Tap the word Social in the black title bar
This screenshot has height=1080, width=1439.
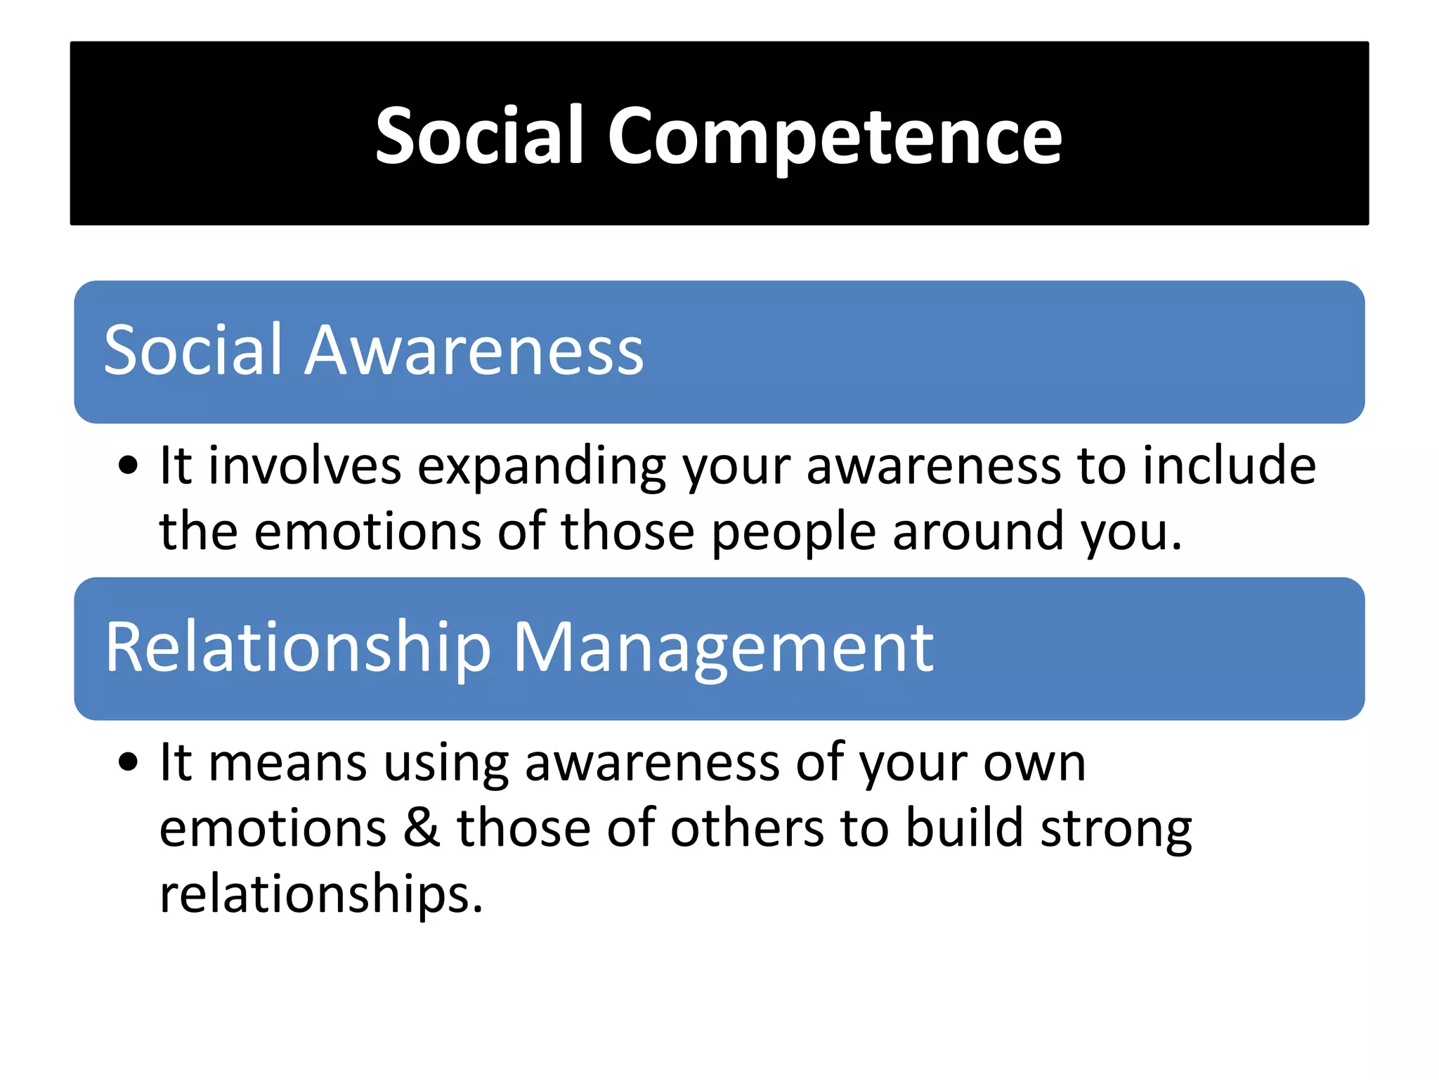(479, 136)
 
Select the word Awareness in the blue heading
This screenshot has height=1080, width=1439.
(474, 350)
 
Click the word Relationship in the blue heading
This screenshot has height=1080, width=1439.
(298, 648)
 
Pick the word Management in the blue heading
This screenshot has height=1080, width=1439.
(723, 648)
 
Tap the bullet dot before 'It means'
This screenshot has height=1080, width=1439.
(128, 762)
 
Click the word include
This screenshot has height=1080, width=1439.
(1229, 465)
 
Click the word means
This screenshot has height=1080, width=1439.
(288, 764)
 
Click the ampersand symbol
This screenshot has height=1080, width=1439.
(422, 828)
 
